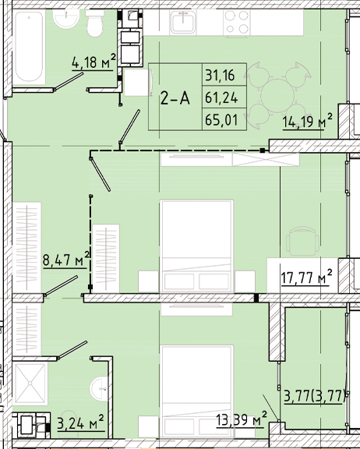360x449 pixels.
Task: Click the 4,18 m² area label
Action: [94, 62]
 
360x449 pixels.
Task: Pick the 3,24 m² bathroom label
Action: [80, 426]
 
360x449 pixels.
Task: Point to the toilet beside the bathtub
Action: [94, 26]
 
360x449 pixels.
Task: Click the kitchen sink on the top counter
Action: [184, 23]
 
